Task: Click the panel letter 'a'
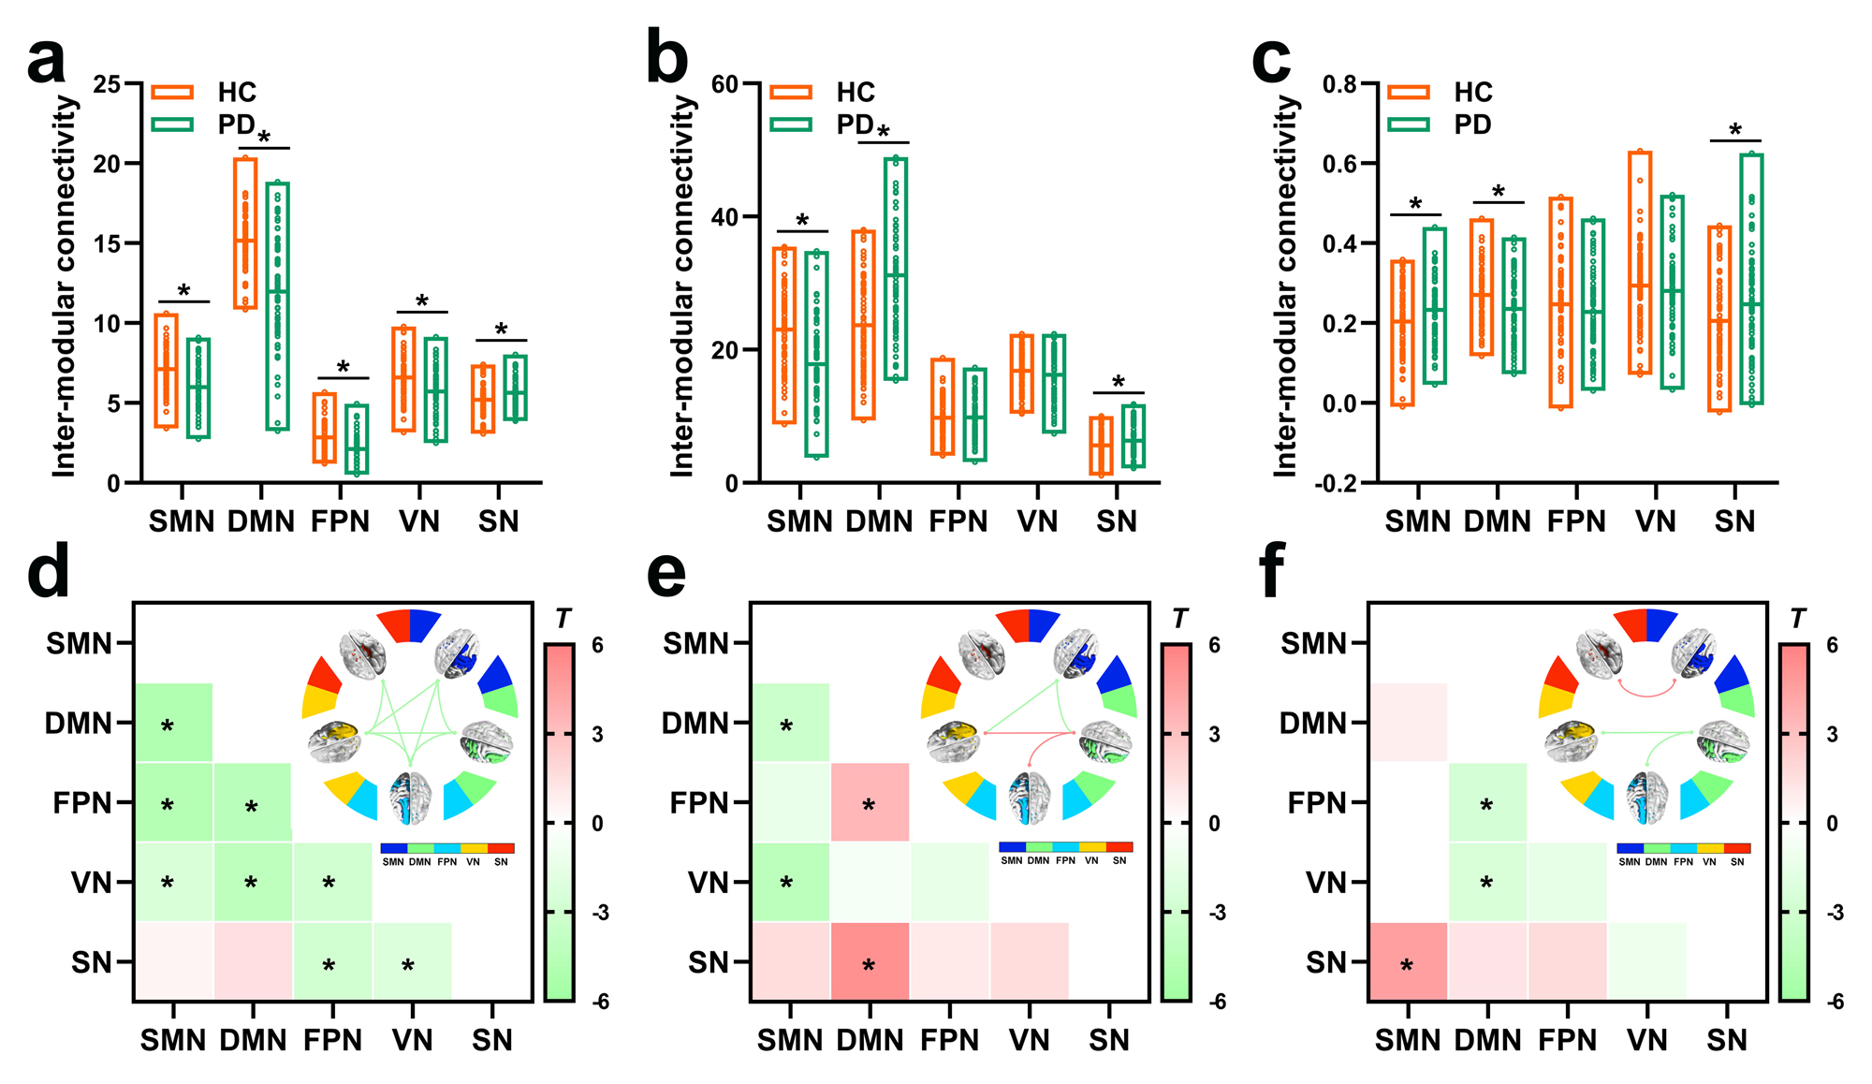47,62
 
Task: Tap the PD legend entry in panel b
855,125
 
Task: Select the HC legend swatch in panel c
1409,92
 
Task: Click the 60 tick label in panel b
724,84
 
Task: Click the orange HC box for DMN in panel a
245,234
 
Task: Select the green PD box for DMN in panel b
896,269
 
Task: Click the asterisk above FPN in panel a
343,368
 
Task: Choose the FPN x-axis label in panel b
958,521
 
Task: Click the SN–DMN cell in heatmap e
870,961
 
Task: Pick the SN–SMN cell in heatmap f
1407,961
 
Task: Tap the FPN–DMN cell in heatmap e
870,802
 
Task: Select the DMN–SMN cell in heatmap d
173,723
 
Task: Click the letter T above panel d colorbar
563,619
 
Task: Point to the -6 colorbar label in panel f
1835,1002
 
